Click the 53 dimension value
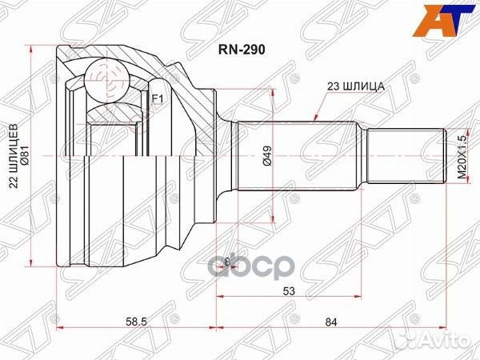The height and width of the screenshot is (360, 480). (x=289, y=292)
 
